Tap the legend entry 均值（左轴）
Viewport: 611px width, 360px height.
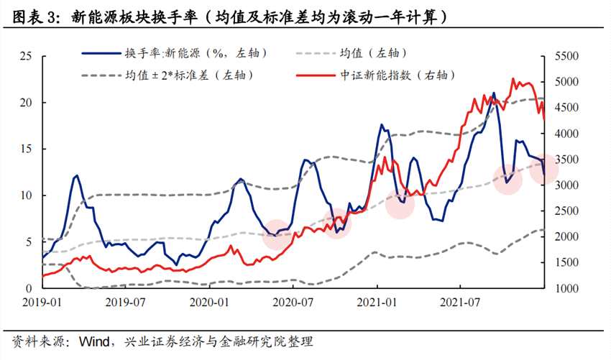(374, 53)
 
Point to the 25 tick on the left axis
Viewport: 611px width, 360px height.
(27, 56)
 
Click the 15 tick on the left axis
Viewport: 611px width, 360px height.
(27, 149)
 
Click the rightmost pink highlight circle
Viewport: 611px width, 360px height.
(543, 171)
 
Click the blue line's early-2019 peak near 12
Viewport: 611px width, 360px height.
(77, 175)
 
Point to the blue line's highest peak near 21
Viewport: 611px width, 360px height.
(493, 93)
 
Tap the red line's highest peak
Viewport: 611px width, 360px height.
(513, 79)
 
